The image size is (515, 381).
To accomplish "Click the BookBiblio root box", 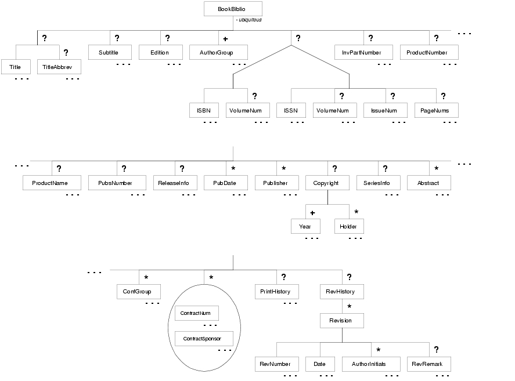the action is tap(233, 9).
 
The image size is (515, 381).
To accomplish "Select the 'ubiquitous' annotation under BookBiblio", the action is tap(249, 20).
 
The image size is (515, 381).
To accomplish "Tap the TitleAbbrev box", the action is tap(59, 67).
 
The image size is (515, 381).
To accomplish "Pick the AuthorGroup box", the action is tap(218, 52).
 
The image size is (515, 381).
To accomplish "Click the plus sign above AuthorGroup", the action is tap(225, 39).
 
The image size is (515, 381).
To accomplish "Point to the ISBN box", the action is tap(204, 110).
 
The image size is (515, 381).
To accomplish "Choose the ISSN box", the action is tap(291, 110).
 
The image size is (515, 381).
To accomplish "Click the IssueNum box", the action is tap(386, 110).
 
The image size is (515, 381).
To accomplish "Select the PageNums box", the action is tap(436, 110).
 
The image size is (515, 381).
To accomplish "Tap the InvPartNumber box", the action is tap(363, 52).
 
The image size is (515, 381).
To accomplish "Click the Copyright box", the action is tap(327, 183).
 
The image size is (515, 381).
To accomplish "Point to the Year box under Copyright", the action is tap(305, 226).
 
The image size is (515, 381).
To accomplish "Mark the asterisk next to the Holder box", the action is tap(356, 212).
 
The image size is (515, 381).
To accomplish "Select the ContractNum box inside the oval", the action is tap(197, 313).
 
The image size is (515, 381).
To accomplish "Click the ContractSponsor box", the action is tap(204, 339).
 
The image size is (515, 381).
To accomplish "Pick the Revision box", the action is tap(342, 320).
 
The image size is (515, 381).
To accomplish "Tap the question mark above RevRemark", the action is tap(436, 350).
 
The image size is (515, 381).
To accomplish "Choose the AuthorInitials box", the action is tap(371, 364).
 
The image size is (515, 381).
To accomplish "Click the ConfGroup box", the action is tap(139, 292).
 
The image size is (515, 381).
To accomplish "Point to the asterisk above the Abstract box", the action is tap(436, 168).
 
